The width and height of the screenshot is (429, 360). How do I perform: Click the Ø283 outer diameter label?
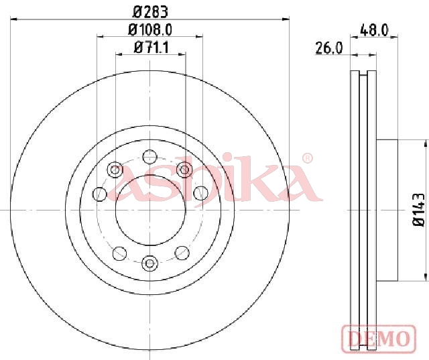point(150,12)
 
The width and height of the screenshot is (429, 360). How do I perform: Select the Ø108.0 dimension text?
point(150,29)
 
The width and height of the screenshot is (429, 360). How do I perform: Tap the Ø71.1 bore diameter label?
point(151,48)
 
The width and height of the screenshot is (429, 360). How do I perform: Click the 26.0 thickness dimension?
point(329,48)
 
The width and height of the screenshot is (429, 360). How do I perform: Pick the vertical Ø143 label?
point(418,210)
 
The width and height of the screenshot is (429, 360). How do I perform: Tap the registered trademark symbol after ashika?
point(308,158)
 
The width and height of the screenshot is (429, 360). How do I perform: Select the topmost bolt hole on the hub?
point(150,157)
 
